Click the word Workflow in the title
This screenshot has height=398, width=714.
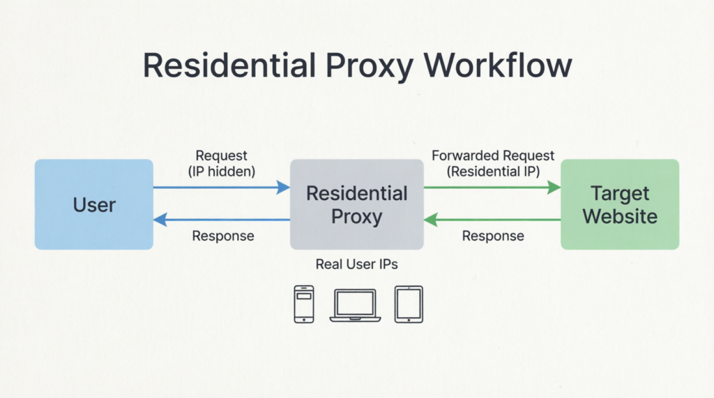(498, 66)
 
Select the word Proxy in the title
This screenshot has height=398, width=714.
(370, 66)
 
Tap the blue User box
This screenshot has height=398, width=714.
(94, 204)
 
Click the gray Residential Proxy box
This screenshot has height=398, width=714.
(357, 204)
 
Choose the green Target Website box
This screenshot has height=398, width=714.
(620, 204)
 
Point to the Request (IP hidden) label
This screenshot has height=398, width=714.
(222, 164)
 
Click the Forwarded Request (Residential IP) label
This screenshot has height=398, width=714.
(493, 164)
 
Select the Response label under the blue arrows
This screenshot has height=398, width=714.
(223, 236)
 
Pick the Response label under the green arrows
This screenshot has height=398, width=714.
(493, 236)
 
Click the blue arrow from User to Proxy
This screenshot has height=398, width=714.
(222, 187)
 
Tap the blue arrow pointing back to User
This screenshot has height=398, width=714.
(222, 220)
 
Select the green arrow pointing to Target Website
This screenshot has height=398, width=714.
(492, 187)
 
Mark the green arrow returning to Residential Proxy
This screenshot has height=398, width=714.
(492, 220)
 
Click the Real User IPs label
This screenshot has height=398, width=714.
(356, 264)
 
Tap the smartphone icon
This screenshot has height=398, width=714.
(304, 304)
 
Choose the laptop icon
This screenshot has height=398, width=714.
(355, 305)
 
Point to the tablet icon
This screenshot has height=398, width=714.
(409, 304)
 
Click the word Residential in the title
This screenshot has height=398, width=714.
(229, 66)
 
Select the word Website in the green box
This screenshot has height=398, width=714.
(620, 216)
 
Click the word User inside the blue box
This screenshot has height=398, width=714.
(94, 205)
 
